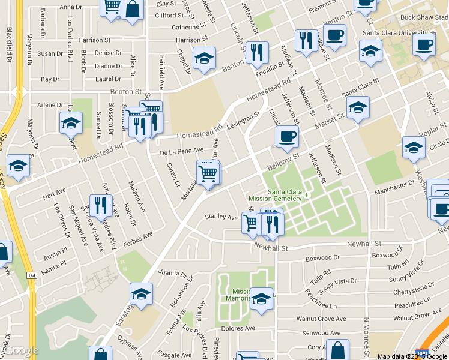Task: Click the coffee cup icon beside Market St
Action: (287, 137)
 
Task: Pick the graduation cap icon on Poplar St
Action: (414, 148)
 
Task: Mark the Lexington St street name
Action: (244, 116)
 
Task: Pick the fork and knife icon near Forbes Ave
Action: (101, 206)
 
